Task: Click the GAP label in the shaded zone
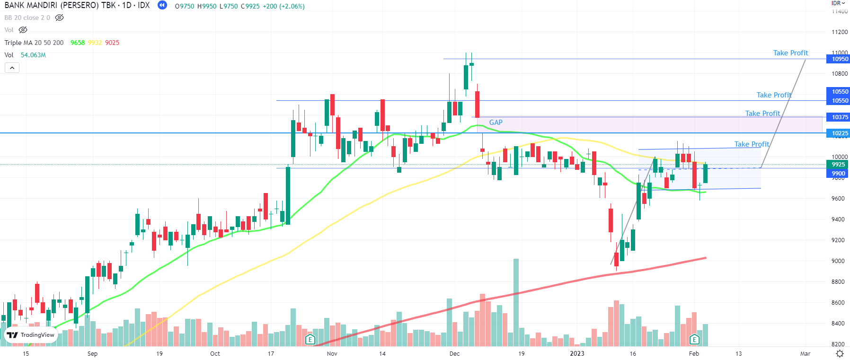click(496, 123)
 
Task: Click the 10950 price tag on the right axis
click(840, 59)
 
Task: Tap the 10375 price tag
click(840, 117)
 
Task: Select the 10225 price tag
click(840, 133)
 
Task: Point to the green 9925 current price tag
click(838, 165)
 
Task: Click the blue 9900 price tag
click(838, 174)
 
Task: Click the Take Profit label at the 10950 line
click(790, 53)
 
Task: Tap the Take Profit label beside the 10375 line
click(762, 114)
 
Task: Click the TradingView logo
click(31, 335)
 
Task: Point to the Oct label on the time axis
click(215, 353)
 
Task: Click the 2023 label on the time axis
click(577, 353)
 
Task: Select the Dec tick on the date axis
click(454, 353)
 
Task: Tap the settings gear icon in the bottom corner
click(840, 354)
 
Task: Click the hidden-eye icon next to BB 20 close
click(59, 18)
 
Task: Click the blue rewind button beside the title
click(162, 5)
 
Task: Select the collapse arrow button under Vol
click(12, 68)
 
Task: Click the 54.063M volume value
click(33, 55)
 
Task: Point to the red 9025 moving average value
click(112, 43)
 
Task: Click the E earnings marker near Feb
click(694, 339)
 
